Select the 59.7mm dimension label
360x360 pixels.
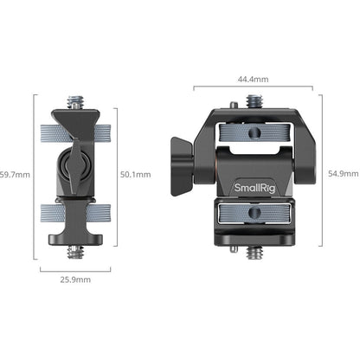pyautogui.click(x=15, y=174)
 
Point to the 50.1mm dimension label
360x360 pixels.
pyautogui.click(x=136, y=174)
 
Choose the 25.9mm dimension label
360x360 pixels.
pyautogui.click(x=74, y=280)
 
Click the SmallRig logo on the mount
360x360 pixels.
pyautogui.click(x=252, y=187)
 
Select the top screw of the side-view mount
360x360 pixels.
pyautogui.click(x=75, y=103)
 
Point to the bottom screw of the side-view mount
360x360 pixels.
pyautogui.click(x=74, y=252)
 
